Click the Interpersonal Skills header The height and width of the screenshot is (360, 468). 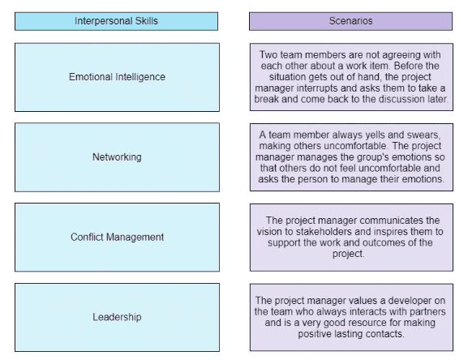pos(116,21)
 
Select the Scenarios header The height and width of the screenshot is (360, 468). pos(350,21)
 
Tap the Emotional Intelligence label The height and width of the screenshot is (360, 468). pos(117,77)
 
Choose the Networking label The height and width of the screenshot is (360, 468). pos(117,156)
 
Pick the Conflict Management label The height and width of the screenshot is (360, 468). pos(117,237)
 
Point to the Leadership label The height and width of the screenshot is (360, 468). pos(117,317)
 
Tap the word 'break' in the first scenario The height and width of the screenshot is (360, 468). pos(266,99)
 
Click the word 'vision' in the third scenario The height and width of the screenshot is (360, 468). pos(268,231)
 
